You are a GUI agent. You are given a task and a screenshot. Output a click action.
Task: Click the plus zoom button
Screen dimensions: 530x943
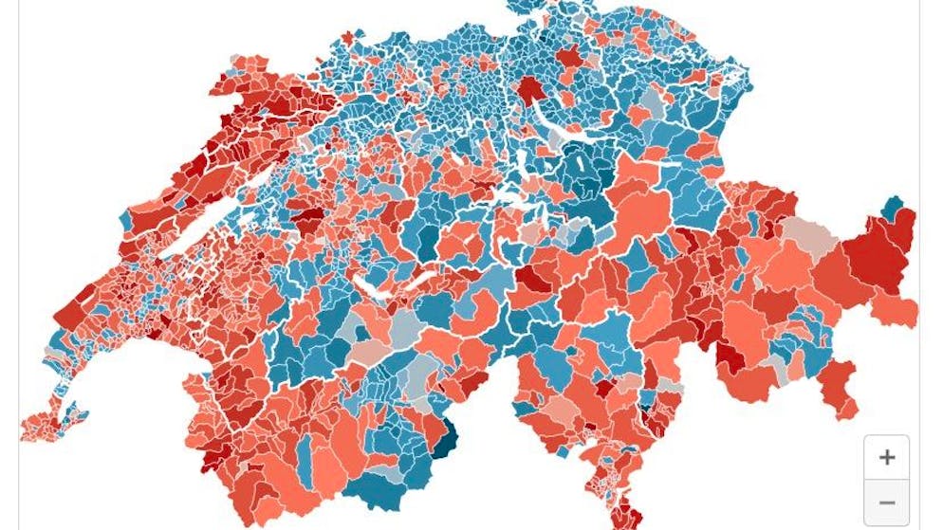(886, 458)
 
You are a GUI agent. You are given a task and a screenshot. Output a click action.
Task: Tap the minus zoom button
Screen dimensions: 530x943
(886, 503)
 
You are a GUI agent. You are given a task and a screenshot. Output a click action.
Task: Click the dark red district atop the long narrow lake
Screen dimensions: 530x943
(529, 90)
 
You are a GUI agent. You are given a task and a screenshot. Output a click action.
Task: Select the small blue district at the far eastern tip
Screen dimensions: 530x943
(892, 208)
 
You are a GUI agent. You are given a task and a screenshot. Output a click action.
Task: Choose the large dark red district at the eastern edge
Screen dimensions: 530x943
(878, 251)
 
